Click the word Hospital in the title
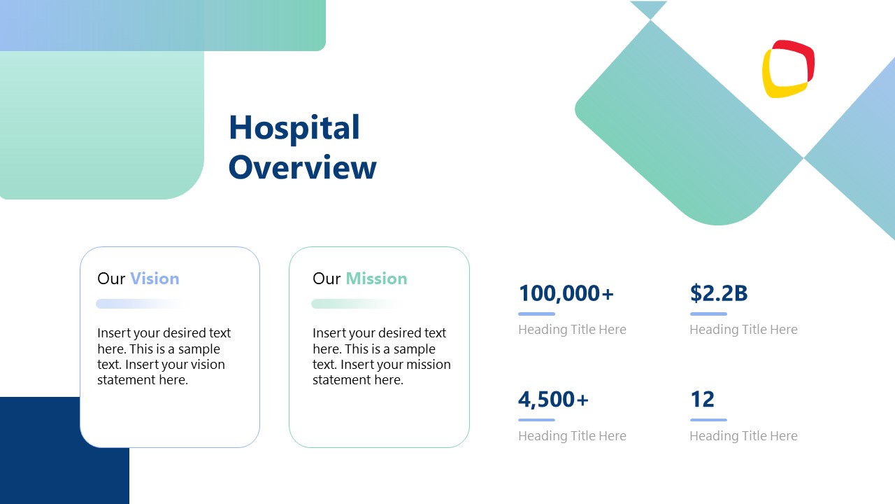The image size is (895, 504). click(294, 128)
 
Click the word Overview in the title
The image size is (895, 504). click(302, 168)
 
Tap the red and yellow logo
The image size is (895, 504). click(788, 69)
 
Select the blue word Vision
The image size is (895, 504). click(155, 279)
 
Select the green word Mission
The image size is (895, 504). click(376, 279)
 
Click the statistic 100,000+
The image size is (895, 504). click(566, 293)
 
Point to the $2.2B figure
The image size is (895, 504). click(718, 293)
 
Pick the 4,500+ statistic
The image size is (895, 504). click(553, 400)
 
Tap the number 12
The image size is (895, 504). click(702, 400)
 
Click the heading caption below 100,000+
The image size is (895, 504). click(572, 330)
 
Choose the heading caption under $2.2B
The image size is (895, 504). click(743, 330)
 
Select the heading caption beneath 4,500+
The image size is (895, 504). click(572, 436)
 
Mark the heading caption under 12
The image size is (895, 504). click(743, 436)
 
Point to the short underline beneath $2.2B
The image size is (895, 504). click(708, 314)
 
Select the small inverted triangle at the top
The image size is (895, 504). click(648, 8)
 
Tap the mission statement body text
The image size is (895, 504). click(381, 356)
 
